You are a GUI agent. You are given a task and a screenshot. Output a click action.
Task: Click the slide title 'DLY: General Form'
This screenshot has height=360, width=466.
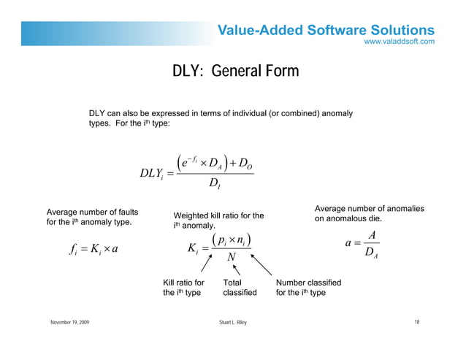pyautogui.click(x=235, y=71)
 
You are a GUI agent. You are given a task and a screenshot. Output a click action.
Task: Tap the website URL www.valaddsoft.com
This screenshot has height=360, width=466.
pyautogui.click(x=400, y=42)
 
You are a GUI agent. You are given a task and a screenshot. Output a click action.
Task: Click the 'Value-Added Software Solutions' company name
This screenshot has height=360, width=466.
pyautogui.click(x=326, y=30)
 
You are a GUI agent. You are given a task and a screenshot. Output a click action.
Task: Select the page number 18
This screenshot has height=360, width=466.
pyautogui.click(x=416, y=322)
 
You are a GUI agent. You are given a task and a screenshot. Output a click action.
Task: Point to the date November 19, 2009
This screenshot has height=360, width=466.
pyautogui.click(x=71, y=322)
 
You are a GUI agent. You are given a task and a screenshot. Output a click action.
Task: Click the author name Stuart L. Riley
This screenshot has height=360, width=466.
pyautogui.click(x=233, y=322)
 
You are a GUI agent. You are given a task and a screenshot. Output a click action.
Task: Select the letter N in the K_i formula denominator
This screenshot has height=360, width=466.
pyautogui.click(x=231, y=257)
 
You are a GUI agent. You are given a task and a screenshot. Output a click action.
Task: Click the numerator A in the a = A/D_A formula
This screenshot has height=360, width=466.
pyautogui.click(x=372, y=236)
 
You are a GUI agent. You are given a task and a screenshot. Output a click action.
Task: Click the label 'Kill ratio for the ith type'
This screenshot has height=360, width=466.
pyautogui.click(x=183, y=288)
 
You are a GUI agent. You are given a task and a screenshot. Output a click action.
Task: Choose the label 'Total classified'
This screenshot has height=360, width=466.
pyautogui.click(x=240, y=288)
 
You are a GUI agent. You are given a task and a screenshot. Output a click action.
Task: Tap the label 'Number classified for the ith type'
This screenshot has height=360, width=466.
pyautogui.click(x=308, y=288)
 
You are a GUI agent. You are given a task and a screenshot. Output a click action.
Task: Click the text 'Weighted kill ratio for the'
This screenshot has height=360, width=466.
pyautogui.click(x=218, y=215)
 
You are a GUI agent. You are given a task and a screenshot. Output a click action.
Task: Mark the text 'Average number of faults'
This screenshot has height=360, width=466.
pyautogui.click(x=93, y=212)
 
